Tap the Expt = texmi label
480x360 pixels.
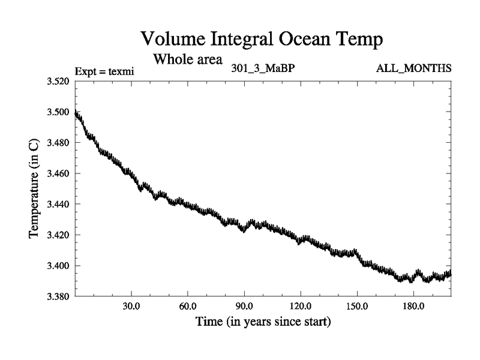tap(104, 71)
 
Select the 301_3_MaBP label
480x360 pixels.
tap(262, 68)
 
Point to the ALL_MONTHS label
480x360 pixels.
tap(413, 68)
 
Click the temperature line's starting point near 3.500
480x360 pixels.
tap(76, 113)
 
